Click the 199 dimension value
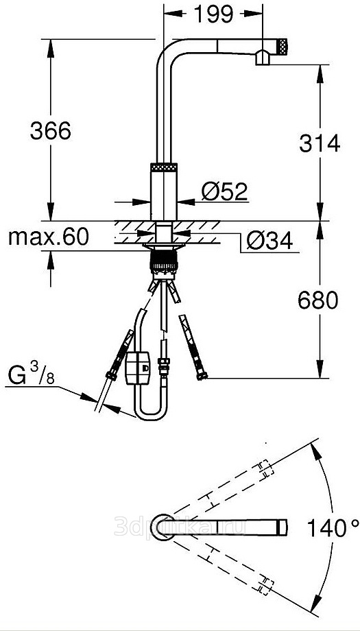tap(213, 14)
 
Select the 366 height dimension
tap(51, 131)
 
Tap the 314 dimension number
tap(320, 143)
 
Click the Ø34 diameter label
tap(269, 241)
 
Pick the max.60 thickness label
tap(48, 237)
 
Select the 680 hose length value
tap(318, 300)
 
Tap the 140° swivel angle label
tap(333, 527)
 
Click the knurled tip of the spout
tap(283, 46)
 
